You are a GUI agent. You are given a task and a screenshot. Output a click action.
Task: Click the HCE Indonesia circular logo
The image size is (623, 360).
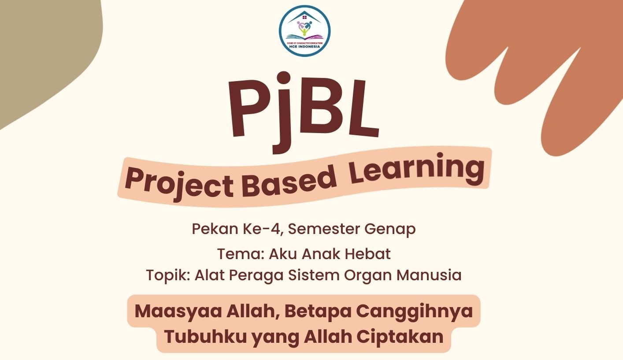[304, 31]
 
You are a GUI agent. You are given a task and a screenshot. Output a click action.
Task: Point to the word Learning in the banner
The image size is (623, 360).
[416, 169]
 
